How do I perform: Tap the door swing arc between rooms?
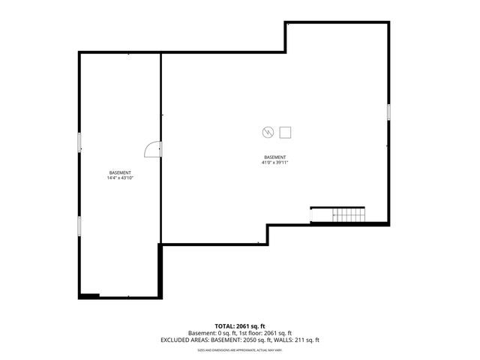click(x=152, y=149)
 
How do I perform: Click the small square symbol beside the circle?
click(x=286, y=133)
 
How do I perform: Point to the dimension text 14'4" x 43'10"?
click(x=120, y=178)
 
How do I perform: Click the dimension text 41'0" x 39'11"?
click(x=275, y=162)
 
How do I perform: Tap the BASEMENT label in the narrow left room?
click(x=120, y=172)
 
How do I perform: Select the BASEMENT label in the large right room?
click(x=275, y=157)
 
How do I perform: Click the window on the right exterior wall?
click(x=388, y=112)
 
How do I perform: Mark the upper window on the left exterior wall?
click(x=79, y=142)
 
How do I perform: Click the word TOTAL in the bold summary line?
click(x=226, y=326)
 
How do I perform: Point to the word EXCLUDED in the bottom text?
click(x=175, y=340)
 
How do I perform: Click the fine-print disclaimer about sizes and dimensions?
click(x=239, y=349)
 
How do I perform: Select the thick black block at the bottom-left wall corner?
click(x=89, y=296)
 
